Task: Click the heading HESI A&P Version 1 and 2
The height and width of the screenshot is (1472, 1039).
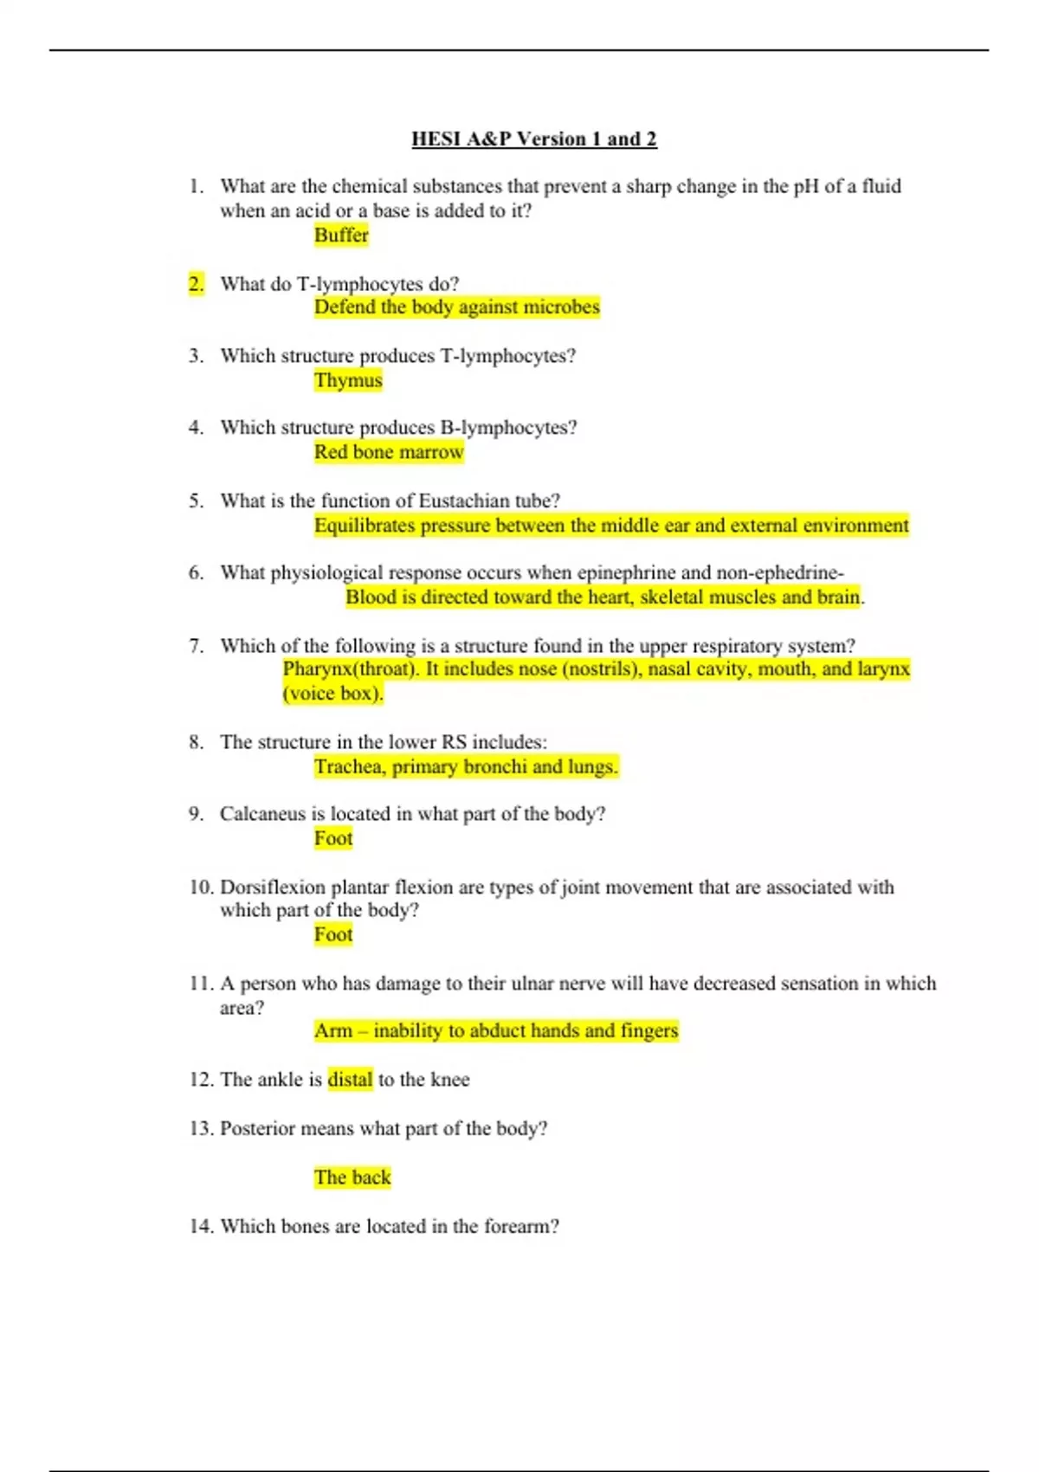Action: pyautogui.click(x=533, y=139)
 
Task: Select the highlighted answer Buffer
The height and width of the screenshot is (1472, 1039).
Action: pyautogui.click(x=341, y=236)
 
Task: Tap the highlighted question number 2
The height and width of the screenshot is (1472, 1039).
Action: pyautogui.click(x=197, y=284)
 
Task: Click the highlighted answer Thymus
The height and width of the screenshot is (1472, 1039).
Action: pyautogui.click(x=348, y=380)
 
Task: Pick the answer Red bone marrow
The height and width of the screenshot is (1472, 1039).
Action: pyautogui.click(x=389, y=452)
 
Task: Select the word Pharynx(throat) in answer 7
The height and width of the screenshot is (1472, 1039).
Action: pyautogui.click(x=351, y=669)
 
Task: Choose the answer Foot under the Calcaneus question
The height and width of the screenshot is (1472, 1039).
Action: pyautogui.click(x=333, y=838)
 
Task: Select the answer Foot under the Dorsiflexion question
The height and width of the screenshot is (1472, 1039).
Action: pyautogui.click(x=333, y=935)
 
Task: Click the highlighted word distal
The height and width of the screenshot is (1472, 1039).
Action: pyautogui.click(x=350, y=1080)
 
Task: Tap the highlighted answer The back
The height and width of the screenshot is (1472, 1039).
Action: pyautogui.click(x=352, y=1178)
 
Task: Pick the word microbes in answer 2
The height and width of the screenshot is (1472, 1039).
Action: pyautogui.click(x=561, y=307)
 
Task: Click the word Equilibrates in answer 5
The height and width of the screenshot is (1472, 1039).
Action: pyautogui.click(x=365, y=526)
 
